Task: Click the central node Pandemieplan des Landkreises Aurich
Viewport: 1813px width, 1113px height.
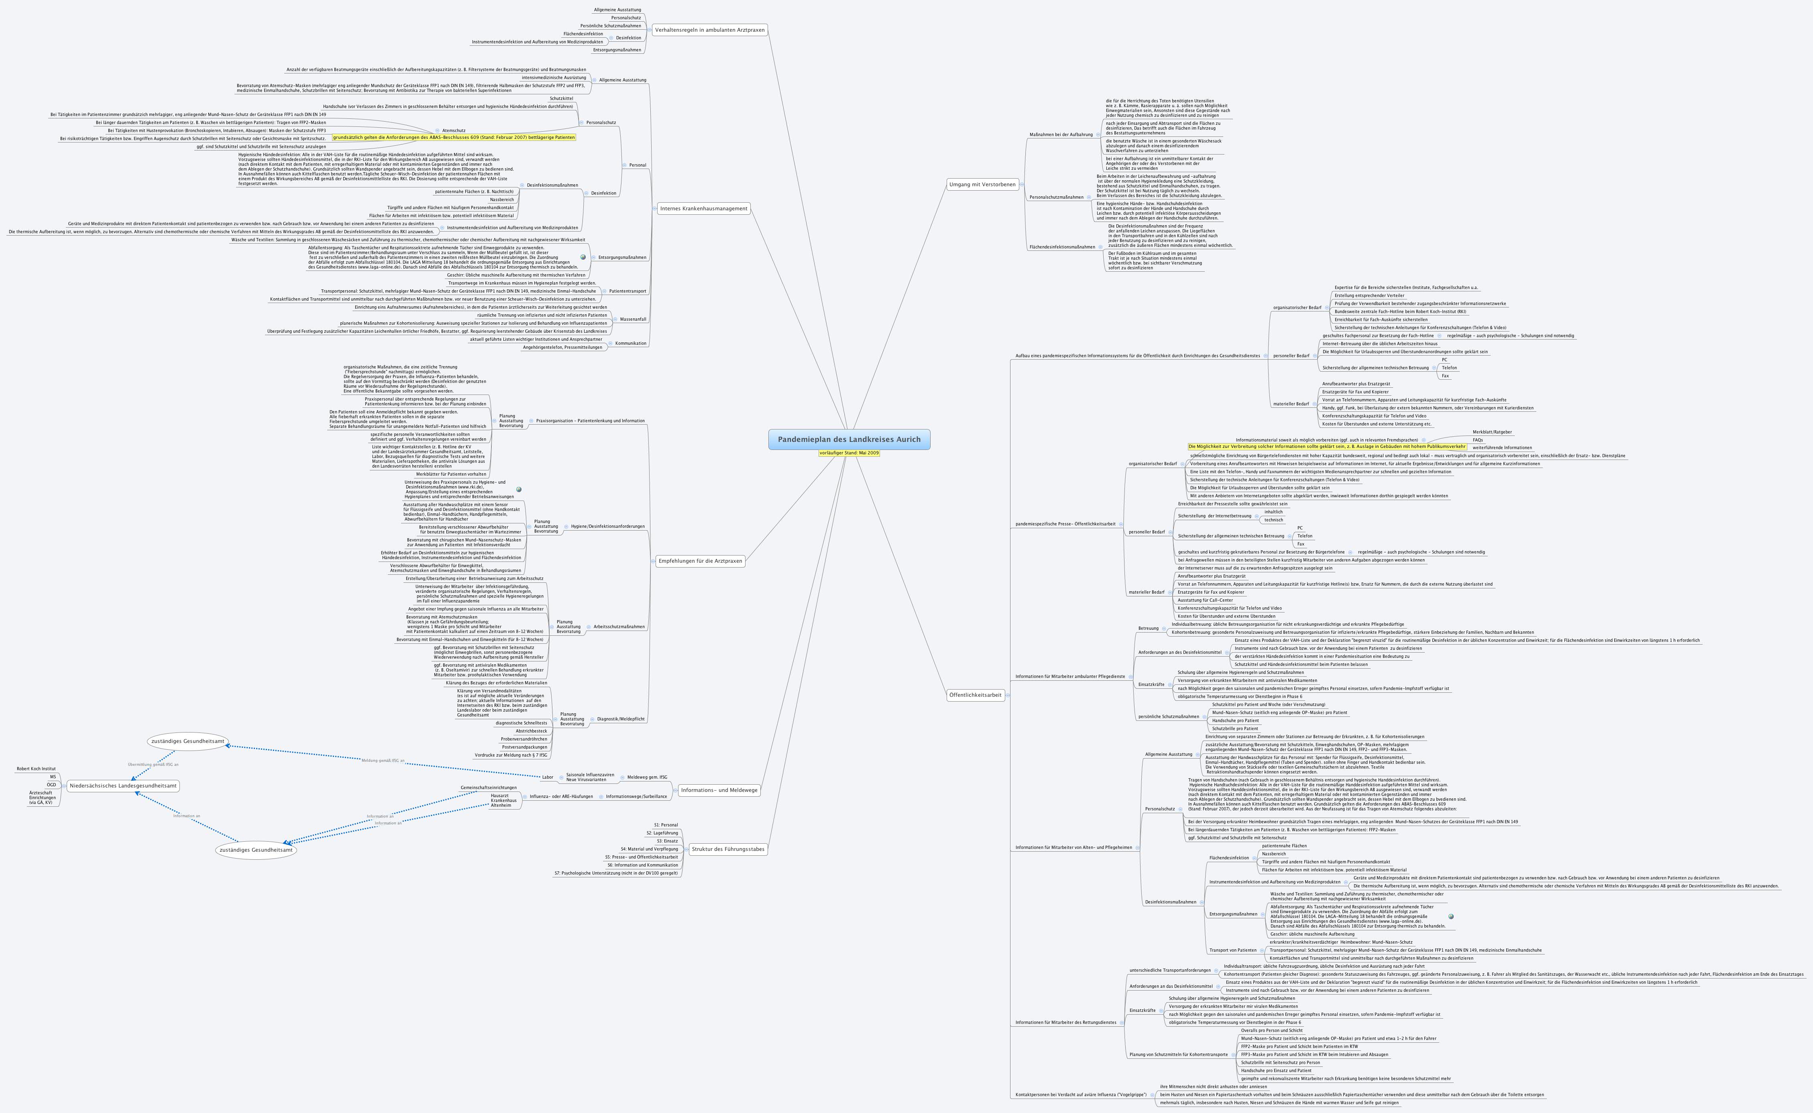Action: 849,440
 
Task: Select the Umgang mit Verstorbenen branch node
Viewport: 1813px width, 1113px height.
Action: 982,185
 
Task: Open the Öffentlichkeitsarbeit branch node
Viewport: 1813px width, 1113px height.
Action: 975,695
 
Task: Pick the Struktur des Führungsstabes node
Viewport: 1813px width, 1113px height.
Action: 728,849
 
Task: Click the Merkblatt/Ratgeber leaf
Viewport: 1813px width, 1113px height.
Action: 1492,432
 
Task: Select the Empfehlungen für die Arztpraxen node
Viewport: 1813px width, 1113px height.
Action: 700,561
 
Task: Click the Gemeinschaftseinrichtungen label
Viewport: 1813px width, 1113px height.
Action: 489,787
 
